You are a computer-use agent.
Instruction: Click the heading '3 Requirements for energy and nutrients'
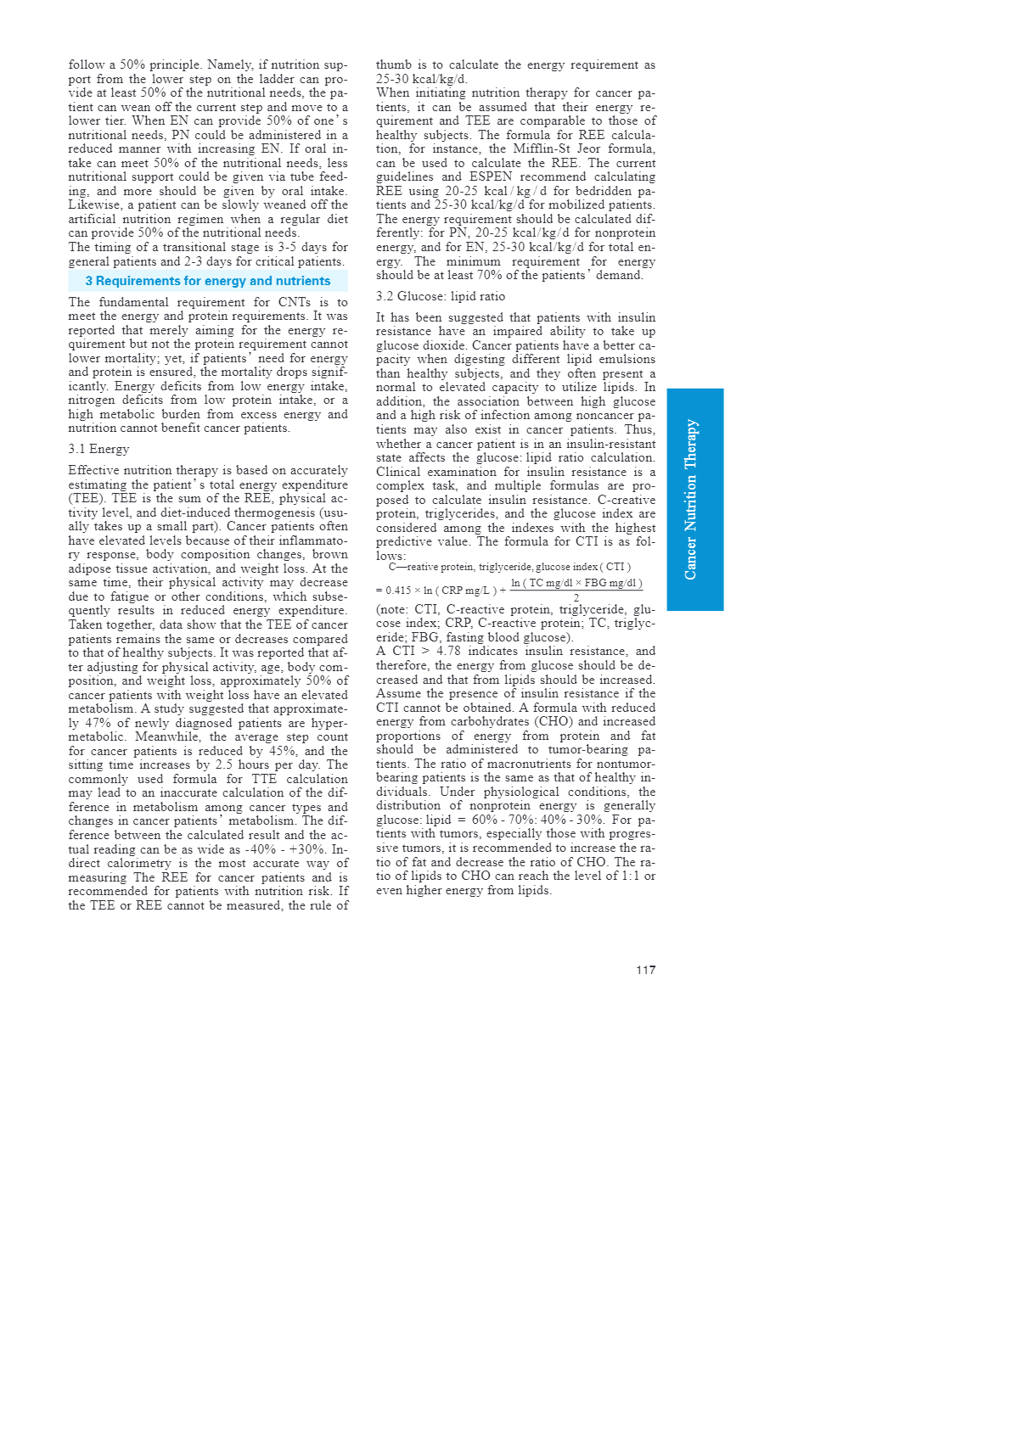207,281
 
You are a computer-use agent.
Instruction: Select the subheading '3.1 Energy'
98,449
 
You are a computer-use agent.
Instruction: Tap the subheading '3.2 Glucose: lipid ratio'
440,296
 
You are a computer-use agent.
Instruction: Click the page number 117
645,970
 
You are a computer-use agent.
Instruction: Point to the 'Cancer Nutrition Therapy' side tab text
691,500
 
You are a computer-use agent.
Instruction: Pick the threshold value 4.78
448,652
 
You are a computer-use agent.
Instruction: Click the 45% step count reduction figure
284,751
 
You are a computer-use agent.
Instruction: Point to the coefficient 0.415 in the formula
398,591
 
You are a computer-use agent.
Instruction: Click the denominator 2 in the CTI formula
576,598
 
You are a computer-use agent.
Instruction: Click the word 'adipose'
91,568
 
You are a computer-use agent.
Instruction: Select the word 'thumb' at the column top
393,64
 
